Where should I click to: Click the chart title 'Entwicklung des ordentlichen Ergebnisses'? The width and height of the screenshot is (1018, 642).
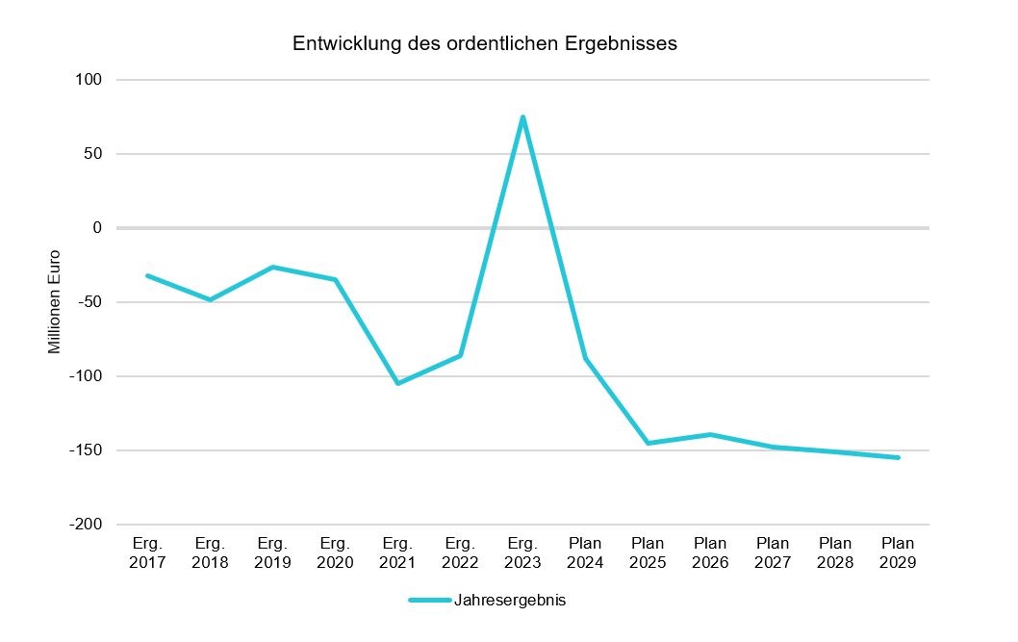(485, 44)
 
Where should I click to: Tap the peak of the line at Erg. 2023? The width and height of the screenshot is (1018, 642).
(522, 117)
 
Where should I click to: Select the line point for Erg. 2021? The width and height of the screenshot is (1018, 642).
(397, 383)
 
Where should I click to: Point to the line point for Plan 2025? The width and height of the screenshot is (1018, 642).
(648, 443)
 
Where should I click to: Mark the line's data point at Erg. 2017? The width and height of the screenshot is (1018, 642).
(147, 275)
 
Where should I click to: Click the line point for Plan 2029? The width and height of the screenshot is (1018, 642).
(898, 457)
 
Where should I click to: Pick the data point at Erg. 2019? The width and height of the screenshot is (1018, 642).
(272, 267)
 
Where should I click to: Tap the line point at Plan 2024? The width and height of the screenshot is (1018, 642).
(585, 358)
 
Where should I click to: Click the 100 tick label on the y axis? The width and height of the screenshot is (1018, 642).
(89, 80)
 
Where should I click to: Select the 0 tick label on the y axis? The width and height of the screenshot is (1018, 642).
(96, 228)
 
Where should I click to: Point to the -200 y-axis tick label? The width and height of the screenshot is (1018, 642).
(85, 525)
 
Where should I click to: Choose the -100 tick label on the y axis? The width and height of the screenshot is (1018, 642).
(85, 376)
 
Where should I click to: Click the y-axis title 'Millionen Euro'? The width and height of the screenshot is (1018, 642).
(55, 302)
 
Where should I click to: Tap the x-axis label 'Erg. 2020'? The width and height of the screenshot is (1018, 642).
(335, 553)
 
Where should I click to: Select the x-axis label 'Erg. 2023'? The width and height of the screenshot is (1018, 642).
(522, 553)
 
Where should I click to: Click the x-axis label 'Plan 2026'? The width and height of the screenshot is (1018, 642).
(710, 553)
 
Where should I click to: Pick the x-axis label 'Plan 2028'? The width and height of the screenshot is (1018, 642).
(835, 553)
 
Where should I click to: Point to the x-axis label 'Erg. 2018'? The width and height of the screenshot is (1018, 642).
(210, 553)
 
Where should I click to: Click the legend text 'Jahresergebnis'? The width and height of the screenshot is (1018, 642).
(510, 601)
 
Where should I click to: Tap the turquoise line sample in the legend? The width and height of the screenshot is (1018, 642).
(429, 601)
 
